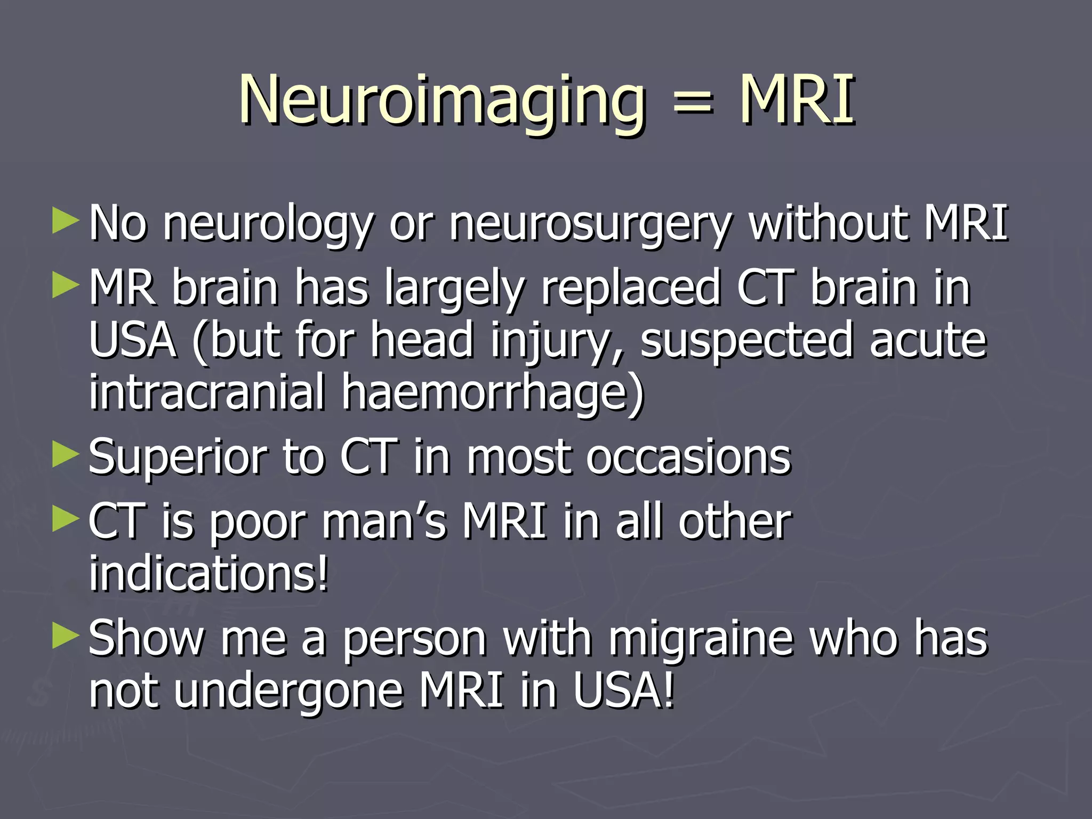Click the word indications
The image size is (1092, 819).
pos(208,573)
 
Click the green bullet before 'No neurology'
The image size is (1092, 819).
pos(66,221)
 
